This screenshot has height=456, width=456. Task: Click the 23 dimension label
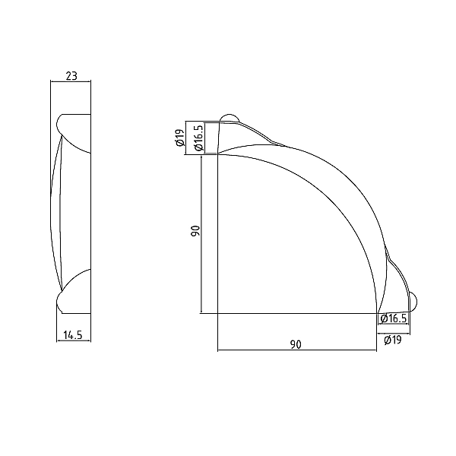(71, 76)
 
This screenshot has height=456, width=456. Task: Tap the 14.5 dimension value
(73, 335)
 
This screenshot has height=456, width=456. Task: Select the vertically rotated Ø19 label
(180, 138)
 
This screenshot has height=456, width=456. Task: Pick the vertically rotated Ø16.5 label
(198, 138)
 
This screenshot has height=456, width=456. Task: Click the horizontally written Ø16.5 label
(394, 318)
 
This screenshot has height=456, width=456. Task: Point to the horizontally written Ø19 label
(393, 340)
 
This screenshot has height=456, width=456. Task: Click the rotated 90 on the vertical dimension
(195, 230)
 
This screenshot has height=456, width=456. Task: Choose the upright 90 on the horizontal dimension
(296, 344)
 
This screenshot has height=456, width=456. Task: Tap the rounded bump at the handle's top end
(230, 118)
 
